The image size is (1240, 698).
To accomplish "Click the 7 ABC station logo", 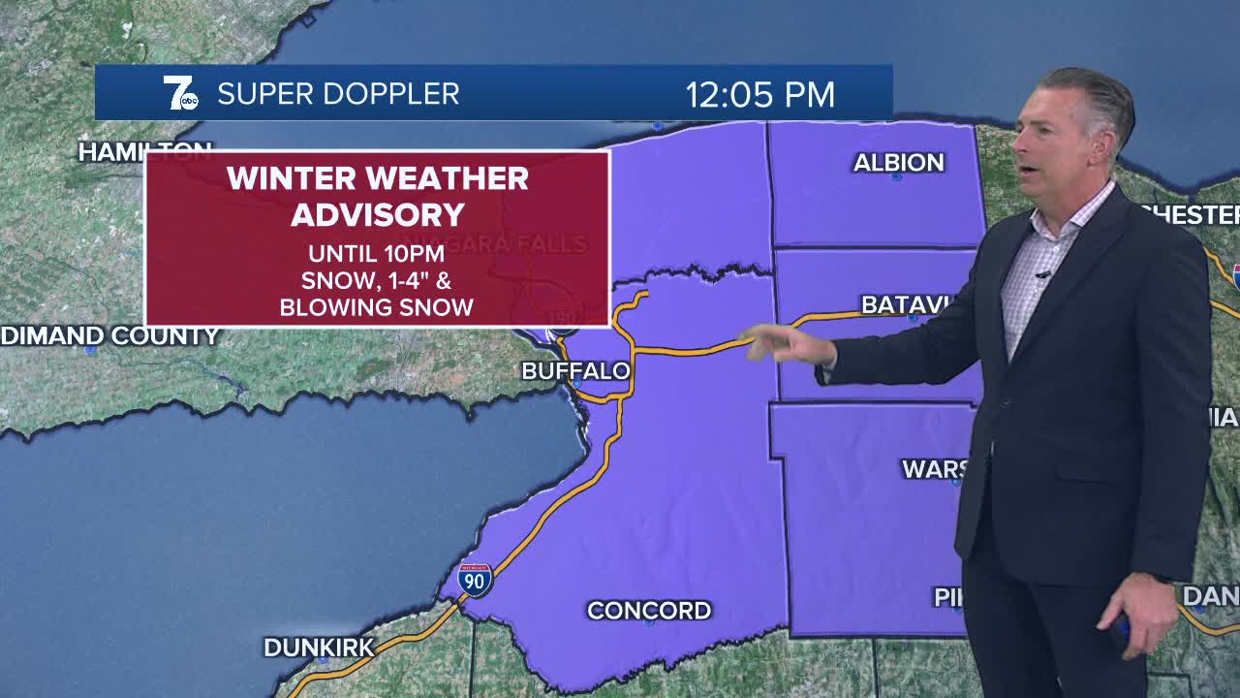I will point(180,93).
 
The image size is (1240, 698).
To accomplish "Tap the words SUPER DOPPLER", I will point(338,94).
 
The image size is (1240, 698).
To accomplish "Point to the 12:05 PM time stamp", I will point(759,94).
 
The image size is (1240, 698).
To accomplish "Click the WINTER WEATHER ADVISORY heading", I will point(378,196).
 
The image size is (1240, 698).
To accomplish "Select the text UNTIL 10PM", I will point(376,254).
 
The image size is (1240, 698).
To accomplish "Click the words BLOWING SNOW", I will point(376,307).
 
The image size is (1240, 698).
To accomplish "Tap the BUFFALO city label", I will point(575,371).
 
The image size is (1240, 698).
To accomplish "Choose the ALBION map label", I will point(898,162).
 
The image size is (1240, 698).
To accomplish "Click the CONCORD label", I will point(649,610).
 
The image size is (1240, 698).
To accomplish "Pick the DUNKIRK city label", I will point(319,648).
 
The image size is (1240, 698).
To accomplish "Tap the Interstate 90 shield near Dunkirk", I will point(475,579).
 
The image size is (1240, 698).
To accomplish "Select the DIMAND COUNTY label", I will point(109,335).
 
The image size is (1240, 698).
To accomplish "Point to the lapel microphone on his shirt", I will point(1043,275).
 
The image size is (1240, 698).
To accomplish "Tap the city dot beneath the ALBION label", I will point(896,177).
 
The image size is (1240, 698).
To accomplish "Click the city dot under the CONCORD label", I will point(648,623).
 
